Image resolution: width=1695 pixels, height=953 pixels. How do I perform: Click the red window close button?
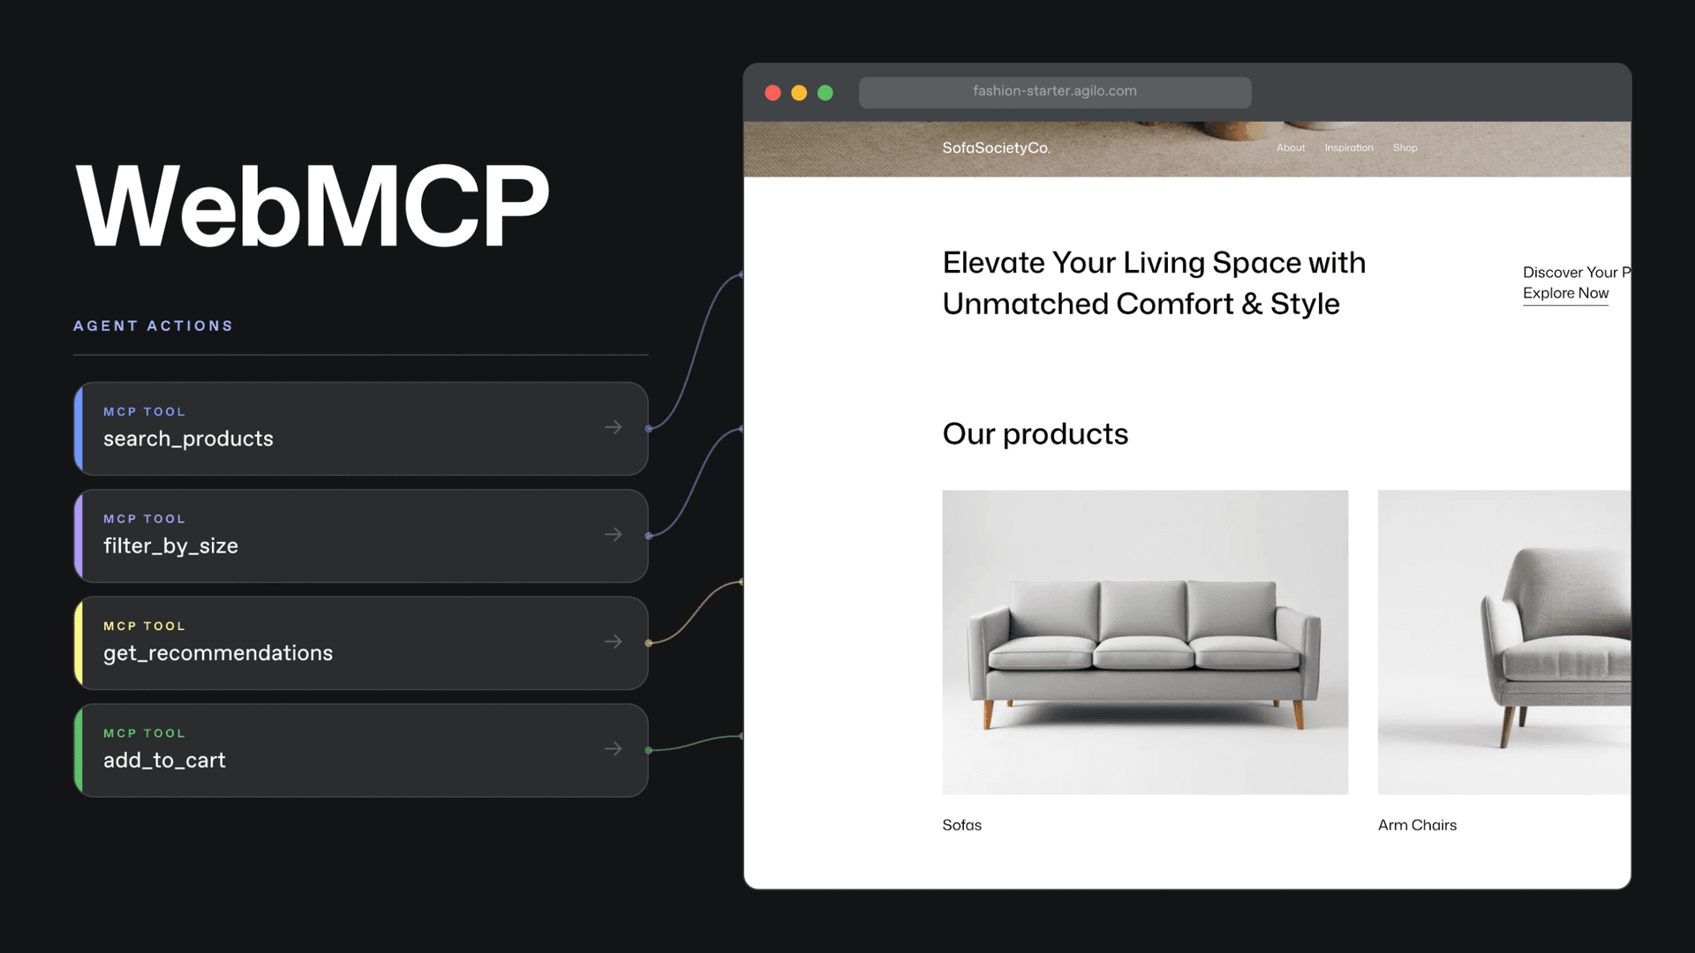tap(772, 93)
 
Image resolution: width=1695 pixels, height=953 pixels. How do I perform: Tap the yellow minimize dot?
tap(799, 93)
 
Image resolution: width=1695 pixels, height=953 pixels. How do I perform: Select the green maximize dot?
tap(825, 93)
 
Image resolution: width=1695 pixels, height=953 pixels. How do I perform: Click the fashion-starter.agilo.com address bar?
tap(1054, 92)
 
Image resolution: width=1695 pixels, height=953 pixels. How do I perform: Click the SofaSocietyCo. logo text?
tap(996, 148)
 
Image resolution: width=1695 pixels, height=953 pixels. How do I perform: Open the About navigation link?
tap(1290, 148)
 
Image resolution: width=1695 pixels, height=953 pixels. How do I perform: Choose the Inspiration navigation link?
tap(1348, 148)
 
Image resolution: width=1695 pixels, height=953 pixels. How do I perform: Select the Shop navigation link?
tap(1405, 148)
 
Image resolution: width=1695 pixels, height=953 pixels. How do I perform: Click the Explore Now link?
tap(1565, 294)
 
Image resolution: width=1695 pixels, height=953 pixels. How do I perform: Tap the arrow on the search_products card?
tap(614, 428)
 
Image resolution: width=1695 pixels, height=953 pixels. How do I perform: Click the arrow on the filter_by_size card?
tap(614, 535)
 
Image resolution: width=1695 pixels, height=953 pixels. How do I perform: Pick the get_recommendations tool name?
tap(218, 654)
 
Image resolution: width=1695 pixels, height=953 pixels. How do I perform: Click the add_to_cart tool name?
tap(164, 761)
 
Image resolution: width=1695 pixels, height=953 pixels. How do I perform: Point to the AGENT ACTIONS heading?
tap(154, 326)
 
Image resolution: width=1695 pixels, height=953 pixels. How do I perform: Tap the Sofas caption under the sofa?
tap(961, 826)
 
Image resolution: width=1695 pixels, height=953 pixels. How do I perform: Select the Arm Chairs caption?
tap(1417, 826)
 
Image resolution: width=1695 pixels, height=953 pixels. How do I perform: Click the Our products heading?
tap(1035, 434)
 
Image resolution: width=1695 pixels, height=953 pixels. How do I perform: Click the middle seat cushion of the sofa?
tap(1143, 653)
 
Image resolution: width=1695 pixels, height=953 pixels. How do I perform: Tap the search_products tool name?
tap(188, 439)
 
